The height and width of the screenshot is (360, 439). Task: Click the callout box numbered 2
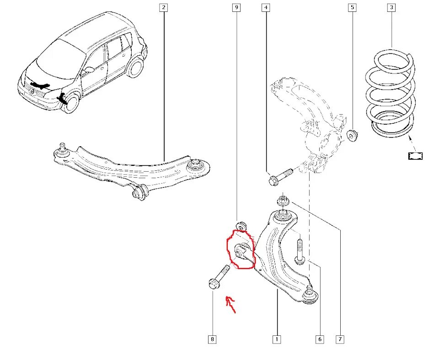point(164,7)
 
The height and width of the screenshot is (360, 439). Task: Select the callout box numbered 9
point(236,7)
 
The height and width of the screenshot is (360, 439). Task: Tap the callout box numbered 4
point(266,7)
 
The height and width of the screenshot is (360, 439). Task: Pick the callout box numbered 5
point(352,7)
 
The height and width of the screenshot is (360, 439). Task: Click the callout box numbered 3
point(391,7)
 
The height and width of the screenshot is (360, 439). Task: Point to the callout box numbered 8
point(212,339)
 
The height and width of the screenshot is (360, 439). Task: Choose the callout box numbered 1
point(276,339)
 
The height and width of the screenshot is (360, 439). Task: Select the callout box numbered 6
point(319,339)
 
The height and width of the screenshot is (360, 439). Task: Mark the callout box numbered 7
point(340,339)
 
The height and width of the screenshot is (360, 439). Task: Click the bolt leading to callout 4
point(280,176)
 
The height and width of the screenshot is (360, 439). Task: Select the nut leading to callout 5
point(353,135)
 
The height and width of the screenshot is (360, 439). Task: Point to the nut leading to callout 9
point(241,226)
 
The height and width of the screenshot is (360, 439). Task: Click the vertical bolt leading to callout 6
point(300,251)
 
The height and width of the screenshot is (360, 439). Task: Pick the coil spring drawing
point(391,94)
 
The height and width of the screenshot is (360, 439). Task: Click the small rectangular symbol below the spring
point(416,156)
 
